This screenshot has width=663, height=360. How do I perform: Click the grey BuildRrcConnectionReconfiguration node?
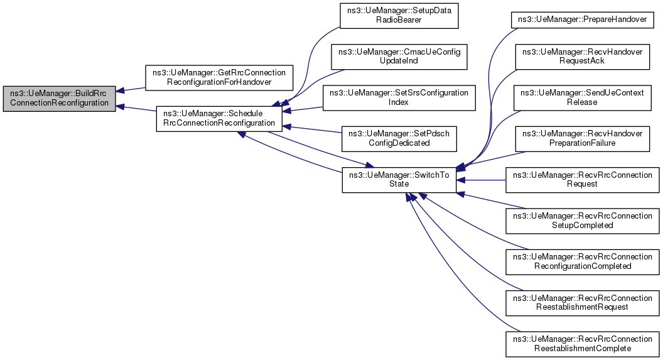coord(59,99)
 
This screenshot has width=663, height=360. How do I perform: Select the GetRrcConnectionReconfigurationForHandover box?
coord(219,77)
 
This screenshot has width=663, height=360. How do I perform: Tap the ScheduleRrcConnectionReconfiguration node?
coord(219,119)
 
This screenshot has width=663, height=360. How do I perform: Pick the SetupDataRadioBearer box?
coord(399,16)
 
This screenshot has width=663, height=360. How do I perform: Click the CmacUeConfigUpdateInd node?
coord(399,57)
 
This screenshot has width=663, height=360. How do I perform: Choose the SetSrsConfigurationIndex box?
coord(399,98)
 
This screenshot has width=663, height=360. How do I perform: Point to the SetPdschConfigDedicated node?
coord(399,139)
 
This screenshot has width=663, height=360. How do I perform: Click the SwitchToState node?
coord(399,180)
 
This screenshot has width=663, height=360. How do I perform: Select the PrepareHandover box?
coord(582,20)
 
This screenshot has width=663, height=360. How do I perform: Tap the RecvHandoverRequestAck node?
coord(582,57)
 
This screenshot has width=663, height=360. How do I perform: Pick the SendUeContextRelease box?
coord(582,98)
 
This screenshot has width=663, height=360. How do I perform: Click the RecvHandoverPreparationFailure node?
coord(582,139)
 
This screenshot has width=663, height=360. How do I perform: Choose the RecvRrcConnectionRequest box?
coord(582,180)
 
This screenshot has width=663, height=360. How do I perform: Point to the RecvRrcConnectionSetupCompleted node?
coord(582,221)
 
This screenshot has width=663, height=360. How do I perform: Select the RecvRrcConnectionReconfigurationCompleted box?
coord(582,262)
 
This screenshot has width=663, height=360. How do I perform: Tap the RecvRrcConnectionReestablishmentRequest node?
coord(582,303)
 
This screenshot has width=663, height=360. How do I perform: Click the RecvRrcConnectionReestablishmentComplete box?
coord(582,344)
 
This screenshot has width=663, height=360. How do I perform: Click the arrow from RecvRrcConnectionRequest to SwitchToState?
coord(481,180)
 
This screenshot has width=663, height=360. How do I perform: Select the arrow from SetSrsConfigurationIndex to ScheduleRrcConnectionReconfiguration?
coord(303,109)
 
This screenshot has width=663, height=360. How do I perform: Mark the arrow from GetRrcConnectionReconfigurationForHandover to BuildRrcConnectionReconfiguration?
coord(131,89)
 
